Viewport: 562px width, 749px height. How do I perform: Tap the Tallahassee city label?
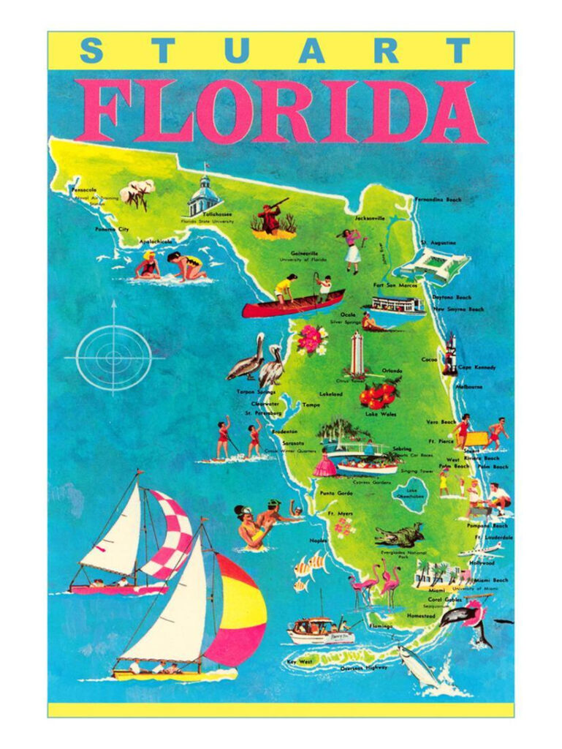tap(197, 214)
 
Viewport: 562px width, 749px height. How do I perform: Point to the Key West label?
tap(300, 662)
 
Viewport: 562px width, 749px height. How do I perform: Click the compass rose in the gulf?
tap(113, 358)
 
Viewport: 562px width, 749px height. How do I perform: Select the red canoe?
tap(292, 305)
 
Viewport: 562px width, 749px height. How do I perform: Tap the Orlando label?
tap(387, 370)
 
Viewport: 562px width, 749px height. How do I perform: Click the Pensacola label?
tap(83, 189)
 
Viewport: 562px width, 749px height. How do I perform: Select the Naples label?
tap(318, 541)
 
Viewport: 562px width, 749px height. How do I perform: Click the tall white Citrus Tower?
tap(357, 355)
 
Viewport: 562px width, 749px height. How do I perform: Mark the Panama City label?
tap(112, 229)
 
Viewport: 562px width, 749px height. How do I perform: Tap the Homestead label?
tap(421, 617)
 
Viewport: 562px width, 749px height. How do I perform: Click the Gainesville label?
tap(303, 253)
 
